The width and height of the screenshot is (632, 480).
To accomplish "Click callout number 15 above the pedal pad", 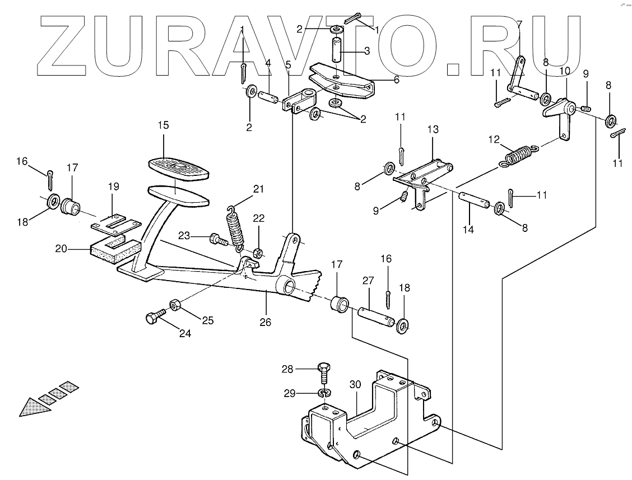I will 163,125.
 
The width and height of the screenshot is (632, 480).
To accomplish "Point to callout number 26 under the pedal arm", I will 266,322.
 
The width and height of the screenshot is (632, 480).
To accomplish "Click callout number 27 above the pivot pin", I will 368,279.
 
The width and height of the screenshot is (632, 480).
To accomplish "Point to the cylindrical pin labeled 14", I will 476,201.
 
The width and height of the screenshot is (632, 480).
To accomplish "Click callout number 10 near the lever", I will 564,71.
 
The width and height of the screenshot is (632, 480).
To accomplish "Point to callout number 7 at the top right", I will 518,24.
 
